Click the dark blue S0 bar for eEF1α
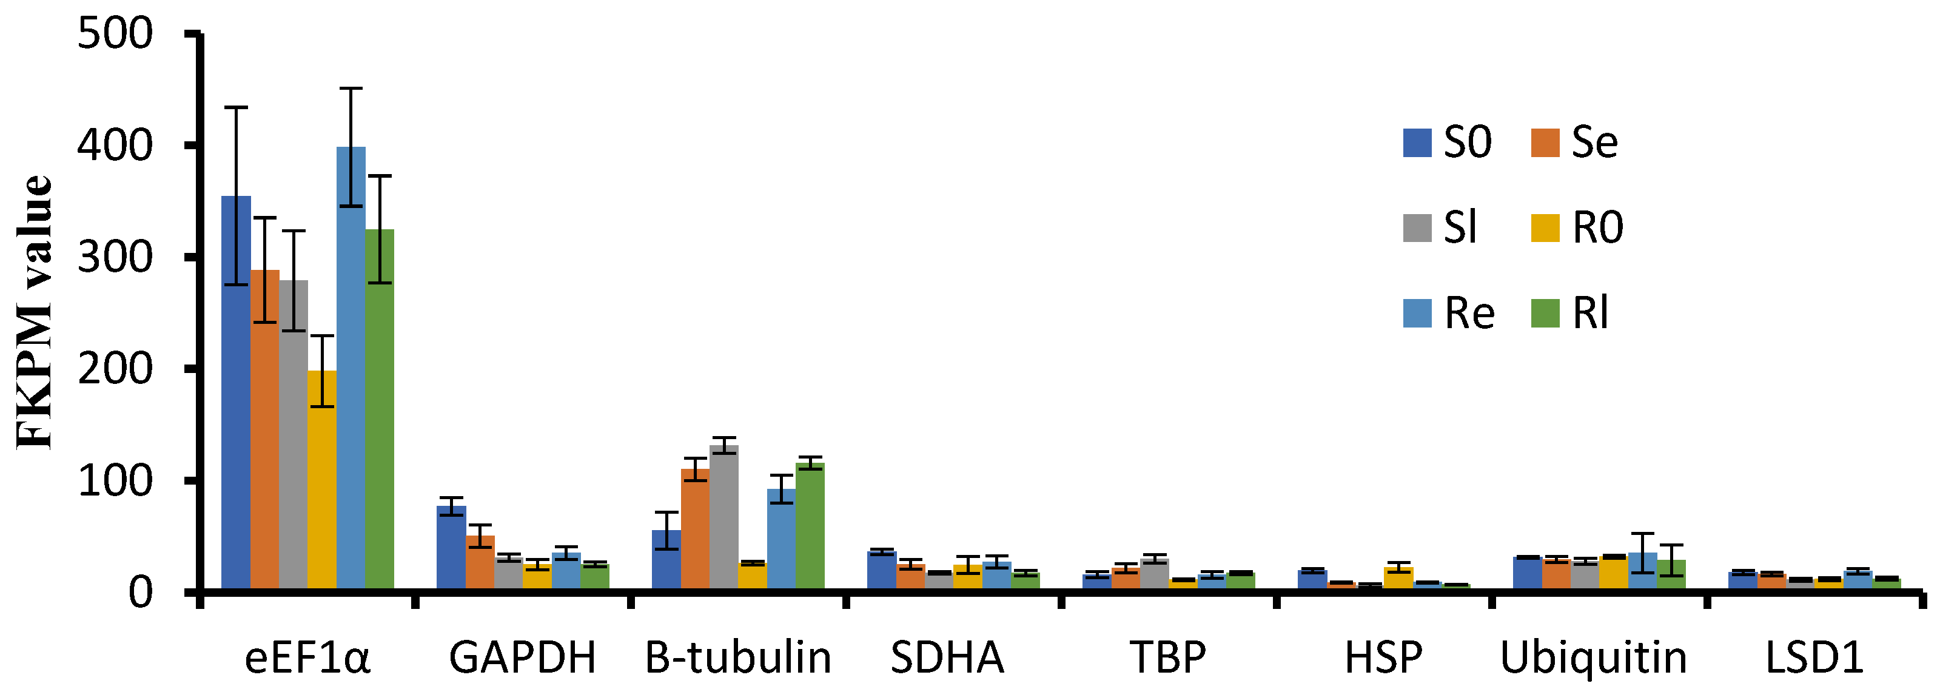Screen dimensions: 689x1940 pyautogui.click(x=236, y=392)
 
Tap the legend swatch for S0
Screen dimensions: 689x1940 pyautogui.click(x=1417, y=143)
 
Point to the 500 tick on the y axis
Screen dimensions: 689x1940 pyautogui.click(x=115, y=35)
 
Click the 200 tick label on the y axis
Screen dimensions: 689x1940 pyautogui.click(x=115, y=369)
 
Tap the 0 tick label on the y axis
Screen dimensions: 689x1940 pyautogui.click(x=140, y=593)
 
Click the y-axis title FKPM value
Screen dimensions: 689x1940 pyautogui.click(x=34, y=312)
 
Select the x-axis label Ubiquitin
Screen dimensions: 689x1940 pyautogui.click(x=1594, y=657)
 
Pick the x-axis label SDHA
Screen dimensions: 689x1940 pyautogui.click(x=947, y=657)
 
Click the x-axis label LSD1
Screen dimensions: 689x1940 pyautogui.click(x=1814, y=657)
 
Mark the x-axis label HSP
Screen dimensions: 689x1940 pyautogui.click(x=1383, y=657)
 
